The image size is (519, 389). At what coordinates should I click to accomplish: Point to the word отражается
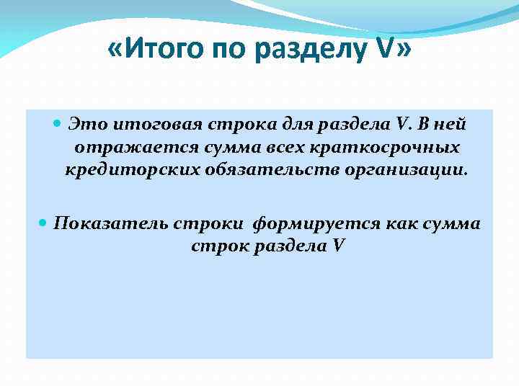[125, 148]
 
